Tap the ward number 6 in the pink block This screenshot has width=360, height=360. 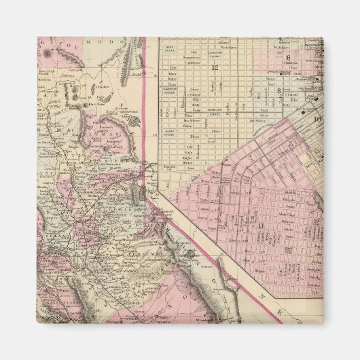point(288,58)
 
